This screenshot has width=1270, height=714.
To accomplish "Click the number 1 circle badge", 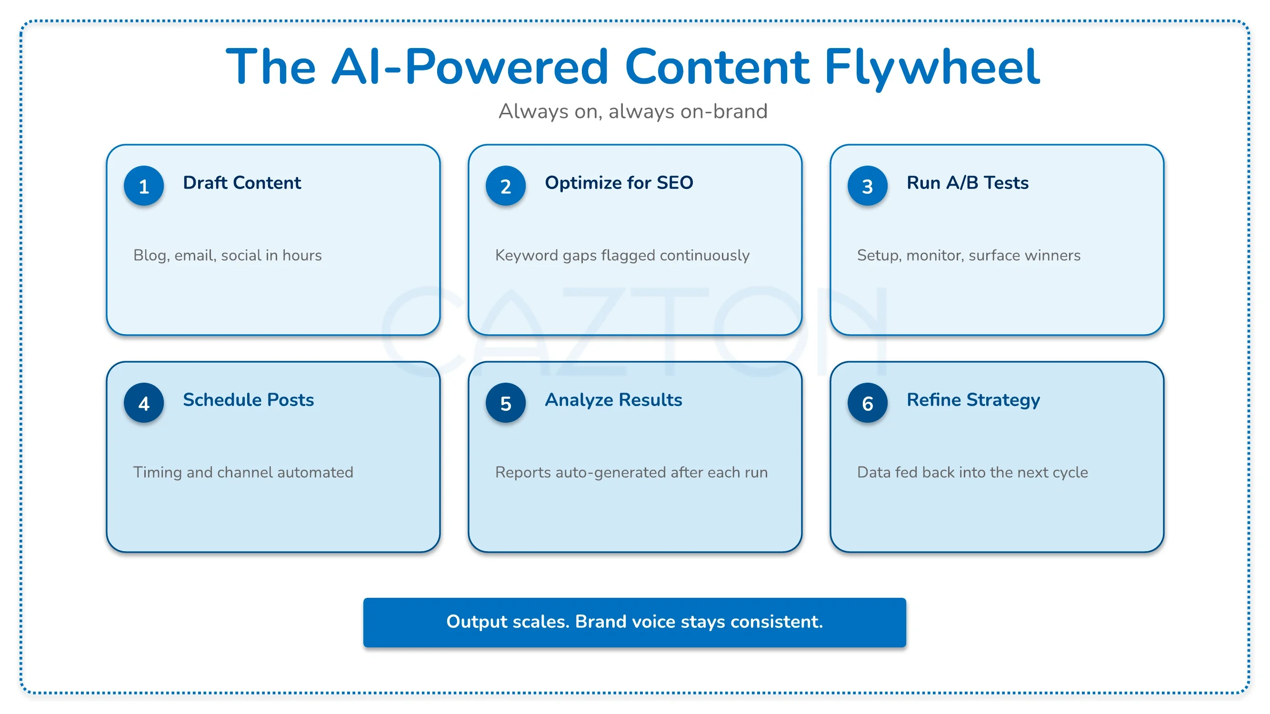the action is coord(143,186).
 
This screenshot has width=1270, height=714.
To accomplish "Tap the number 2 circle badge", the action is coord(505,186).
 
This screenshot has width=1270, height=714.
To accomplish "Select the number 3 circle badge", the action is coord(867,186).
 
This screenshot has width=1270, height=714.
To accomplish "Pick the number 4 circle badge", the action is coord(143,403).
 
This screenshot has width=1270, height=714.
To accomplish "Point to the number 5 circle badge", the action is coord(505,403).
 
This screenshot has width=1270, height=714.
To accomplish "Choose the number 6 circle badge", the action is coord(867,403).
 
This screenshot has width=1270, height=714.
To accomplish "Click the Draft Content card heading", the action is coord(241,183).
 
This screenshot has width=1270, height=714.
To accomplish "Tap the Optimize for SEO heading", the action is coord(619,183).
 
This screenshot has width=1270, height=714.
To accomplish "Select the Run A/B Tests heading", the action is coord(967,183).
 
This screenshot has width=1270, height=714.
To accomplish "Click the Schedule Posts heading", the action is coord(248,400).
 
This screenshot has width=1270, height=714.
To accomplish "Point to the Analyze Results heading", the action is coord(613,400).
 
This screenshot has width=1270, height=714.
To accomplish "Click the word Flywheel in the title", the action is coord(932,68).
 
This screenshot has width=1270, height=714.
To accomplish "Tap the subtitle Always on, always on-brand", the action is coord(633,111).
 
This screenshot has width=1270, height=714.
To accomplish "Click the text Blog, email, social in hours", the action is coord(227,255).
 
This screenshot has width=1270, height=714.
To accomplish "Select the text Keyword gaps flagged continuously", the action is coord(622,256).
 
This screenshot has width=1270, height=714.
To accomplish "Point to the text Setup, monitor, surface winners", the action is coord(968,255).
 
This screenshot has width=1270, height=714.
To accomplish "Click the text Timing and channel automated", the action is coord(243,473).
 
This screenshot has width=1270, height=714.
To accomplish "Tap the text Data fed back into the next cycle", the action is coord(972,473).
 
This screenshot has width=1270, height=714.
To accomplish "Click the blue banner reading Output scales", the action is coord(634,622).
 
